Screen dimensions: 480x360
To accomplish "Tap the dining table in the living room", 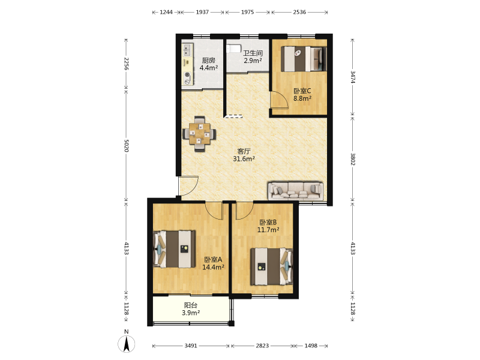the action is pos(199,134).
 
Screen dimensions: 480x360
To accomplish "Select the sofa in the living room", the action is pos(295,191).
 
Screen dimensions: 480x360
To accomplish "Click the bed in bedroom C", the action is pos(304,59).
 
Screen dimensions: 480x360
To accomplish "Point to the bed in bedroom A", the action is pos(174,249).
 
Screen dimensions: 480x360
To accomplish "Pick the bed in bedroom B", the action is pos(272,266).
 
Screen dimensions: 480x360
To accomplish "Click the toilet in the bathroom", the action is pos(233,49).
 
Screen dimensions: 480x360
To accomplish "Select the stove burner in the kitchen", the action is pos(187,78).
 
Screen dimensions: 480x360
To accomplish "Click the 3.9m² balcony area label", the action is pos(191,313).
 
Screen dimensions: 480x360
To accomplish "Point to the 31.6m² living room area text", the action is pos(244,158).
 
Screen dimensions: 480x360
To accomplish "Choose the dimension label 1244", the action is pos(166,12).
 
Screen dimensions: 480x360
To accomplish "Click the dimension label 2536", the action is pos(299,12).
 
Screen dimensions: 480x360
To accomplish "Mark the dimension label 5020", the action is pos(127,146).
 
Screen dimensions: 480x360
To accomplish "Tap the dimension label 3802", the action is pos(353,159).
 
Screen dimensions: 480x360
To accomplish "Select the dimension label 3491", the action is pos(190,346).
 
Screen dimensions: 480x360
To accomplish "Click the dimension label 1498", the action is pos(311,346).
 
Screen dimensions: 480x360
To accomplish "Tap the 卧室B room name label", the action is pos(268,222).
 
